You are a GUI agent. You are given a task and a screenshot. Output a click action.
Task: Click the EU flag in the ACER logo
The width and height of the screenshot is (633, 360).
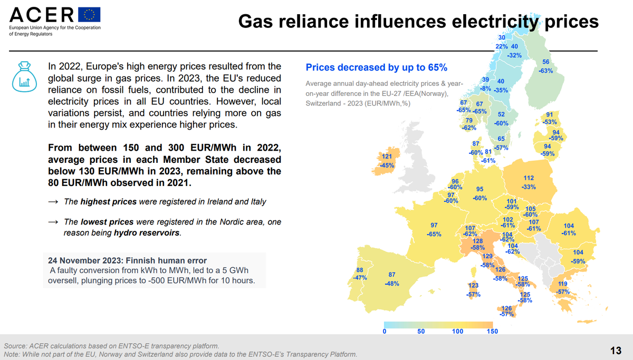pos(89,15)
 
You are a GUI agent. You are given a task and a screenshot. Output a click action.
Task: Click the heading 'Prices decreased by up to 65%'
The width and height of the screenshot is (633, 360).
pos(376,67)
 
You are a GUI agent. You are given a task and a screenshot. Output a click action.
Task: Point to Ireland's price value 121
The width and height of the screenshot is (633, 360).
pos(387,157)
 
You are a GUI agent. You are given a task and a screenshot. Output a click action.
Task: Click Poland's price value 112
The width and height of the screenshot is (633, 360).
pos(529,178)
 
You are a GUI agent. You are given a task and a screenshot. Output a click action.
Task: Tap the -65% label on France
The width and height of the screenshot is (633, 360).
pos(434,234)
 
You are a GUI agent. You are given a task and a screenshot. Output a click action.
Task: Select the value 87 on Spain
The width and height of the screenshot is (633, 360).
pos(392,275)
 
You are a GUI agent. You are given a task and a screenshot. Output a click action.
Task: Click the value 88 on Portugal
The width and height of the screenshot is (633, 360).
pos(361,270)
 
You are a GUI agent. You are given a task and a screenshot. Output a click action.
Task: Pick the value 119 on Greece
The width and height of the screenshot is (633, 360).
pos(563,284)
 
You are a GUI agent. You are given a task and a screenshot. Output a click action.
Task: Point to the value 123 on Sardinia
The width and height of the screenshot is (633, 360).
pos(473,285)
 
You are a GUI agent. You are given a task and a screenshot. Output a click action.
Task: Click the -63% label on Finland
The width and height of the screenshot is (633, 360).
pos(545,71)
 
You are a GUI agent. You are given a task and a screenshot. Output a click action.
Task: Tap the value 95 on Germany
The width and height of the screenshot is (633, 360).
pos(479,189)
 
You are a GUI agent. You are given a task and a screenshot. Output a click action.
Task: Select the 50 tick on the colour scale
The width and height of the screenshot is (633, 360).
pos(421,332)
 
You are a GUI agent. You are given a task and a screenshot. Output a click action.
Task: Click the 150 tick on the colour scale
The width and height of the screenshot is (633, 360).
pos(492,332)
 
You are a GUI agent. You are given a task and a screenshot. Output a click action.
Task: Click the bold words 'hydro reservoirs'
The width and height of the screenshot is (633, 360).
pos(147,232)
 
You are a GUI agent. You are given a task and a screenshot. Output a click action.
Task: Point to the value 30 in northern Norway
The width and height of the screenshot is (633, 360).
pos(502,37)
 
